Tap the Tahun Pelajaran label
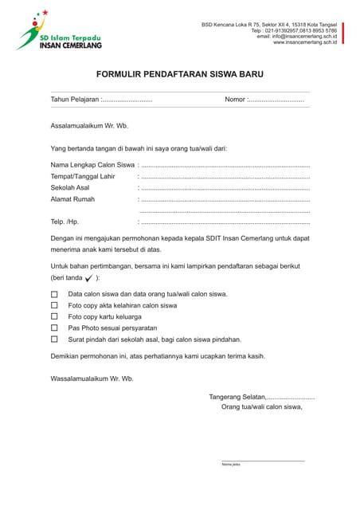(75, 100)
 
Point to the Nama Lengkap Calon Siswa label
(92, 164)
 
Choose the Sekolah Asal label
(70, 187)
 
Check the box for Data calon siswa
(55, 294)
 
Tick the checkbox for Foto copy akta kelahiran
(55, 305)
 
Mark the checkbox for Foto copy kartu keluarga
(55, 316)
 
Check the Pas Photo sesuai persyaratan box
(55, 328)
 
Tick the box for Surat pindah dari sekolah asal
(55, 339)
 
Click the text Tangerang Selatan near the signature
(237, 396)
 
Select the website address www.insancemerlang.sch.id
(304, 42)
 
